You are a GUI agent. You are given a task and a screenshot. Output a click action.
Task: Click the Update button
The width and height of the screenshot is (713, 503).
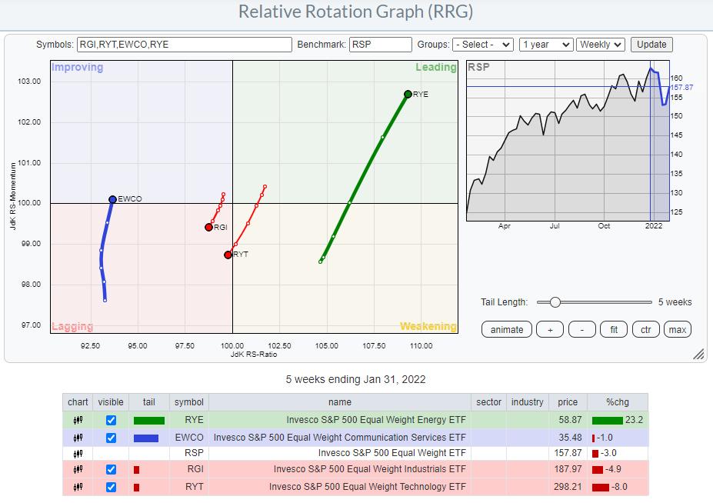coord(651,45)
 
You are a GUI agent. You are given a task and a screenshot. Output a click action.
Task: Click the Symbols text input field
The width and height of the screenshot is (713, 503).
coord(185,45)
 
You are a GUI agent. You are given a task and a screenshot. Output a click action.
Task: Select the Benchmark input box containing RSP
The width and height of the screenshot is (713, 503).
coord(380,45)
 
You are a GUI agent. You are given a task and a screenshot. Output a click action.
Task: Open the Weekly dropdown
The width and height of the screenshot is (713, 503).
coord(601,45)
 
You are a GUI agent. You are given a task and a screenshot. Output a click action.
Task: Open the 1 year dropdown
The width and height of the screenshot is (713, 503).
coord(546,45)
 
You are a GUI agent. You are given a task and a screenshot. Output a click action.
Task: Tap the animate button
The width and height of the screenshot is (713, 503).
coord(507,329)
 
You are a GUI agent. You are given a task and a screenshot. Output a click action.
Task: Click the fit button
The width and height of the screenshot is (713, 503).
coord(614,329)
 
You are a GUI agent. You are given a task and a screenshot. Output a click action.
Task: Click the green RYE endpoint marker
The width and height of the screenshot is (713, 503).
coord(408,94)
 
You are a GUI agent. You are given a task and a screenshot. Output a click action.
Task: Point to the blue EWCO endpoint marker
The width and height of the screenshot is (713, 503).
coord(112,199)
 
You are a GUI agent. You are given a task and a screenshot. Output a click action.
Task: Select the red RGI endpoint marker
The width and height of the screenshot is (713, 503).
coord(208,227)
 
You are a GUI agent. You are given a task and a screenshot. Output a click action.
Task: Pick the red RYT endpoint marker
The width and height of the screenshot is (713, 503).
coord(228,255)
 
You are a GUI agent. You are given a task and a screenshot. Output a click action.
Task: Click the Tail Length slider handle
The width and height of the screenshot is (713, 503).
coord(555,302)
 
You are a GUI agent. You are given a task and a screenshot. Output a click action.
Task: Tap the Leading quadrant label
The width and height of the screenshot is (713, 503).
coord(436,67)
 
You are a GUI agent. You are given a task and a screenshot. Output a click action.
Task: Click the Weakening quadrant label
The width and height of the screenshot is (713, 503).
coord(428,326)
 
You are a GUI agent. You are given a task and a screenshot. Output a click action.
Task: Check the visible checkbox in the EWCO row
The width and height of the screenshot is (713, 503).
coord(112,438)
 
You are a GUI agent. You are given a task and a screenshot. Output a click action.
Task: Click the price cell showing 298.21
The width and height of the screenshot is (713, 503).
coord(568,487)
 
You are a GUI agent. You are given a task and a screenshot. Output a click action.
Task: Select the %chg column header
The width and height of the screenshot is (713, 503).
coord(618,402)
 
